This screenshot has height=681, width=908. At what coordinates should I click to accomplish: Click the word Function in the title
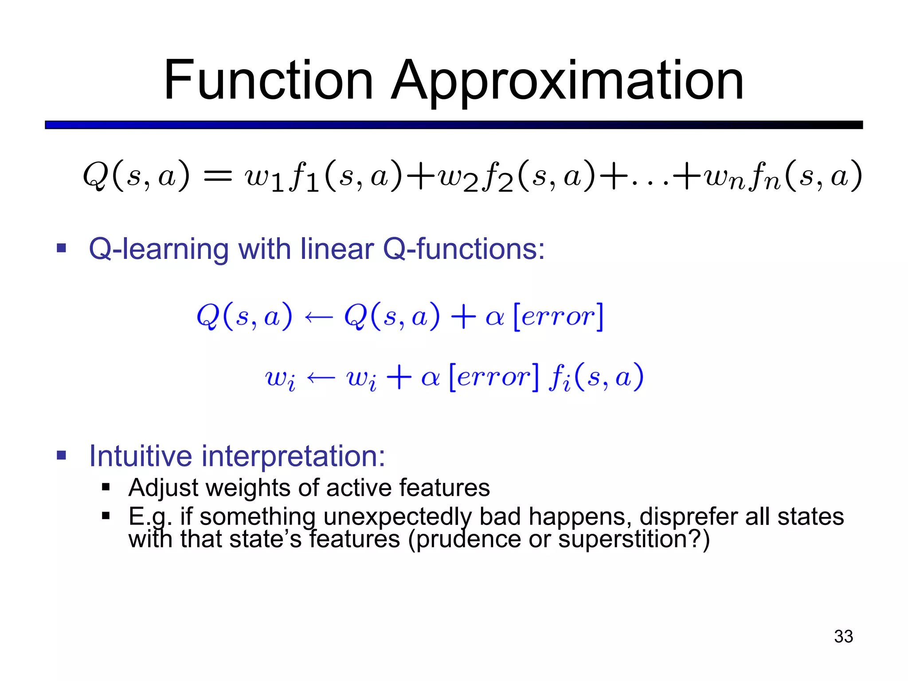[x=268, y=81]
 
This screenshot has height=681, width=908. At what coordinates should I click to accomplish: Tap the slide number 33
[x=843, y=636]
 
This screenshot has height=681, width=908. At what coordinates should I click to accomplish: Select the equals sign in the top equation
[x=217, y=176]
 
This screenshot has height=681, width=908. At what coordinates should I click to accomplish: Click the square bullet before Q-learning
[x=61, y=248]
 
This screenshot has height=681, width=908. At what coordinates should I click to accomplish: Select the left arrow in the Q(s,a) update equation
[x=318, y=317]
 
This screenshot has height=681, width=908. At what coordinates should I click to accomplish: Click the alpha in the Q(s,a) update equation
[x=494, y=317]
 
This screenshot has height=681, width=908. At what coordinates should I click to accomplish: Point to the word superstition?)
[x=634, y=540]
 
